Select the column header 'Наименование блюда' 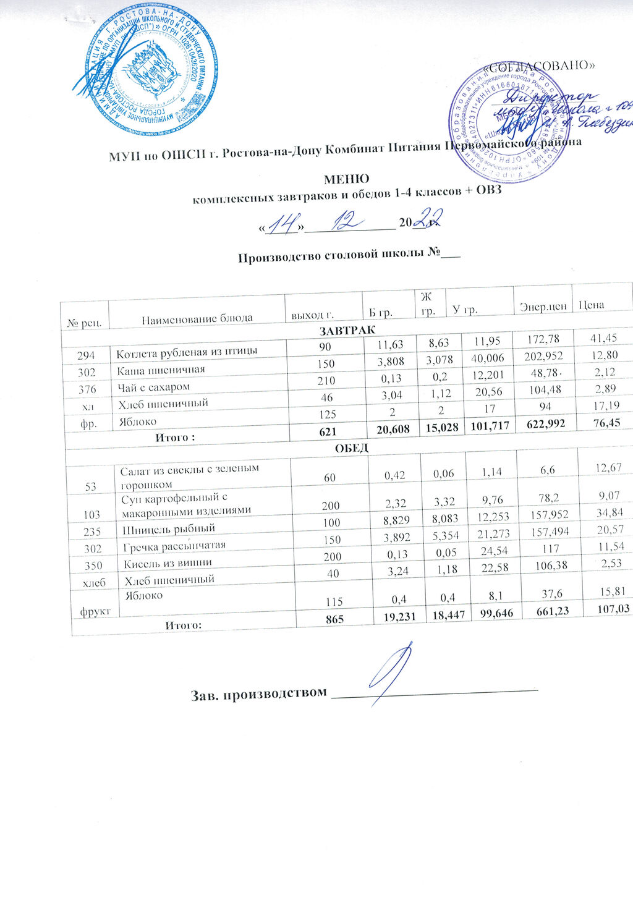point(197,319)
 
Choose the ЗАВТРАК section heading point(347,328)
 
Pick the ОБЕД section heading point(350,446)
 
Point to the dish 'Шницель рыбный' point(169,528)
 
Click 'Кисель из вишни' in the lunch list point(168,563)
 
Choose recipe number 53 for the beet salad point(91,486)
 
